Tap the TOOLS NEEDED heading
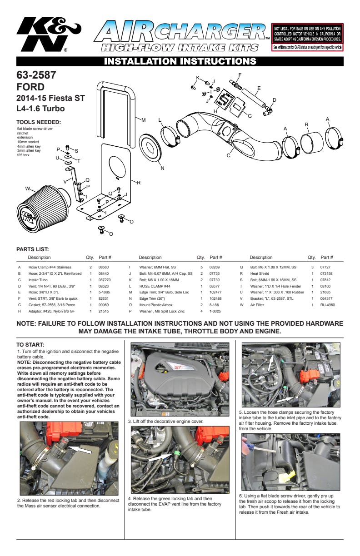point(38,122)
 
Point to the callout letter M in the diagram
point(144,120)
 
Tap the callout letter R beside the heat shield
point(138,182)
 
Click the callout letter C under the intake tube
point(228,155)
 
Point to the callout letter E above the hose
point(259,88)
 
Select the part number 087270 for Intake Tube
point(105,280)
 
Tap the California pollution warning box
point(307,37)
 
